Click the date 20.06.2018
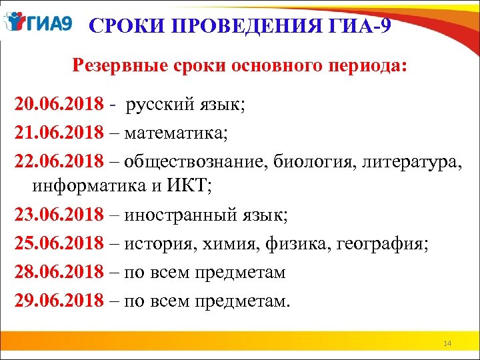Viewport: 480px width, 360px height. click(x=59, y=104)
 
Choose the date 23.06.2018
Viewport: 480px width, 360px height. click(x=59, y=216)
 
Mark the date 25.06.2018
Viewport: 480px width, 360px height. click(x=59, y=244)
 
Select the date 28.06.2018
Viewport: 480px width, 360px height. click(x=59, y=272)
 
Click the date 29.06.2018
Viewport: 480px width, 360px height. click(x=59, y=300)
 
